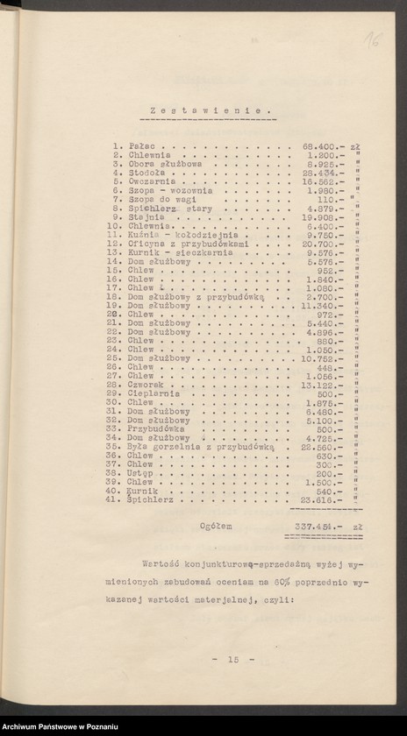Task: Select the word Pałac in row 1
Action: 139,145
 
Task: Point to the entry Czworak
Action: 144,385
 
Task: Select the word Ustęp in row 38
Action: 139,473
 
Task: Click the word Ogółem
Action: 215,527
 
